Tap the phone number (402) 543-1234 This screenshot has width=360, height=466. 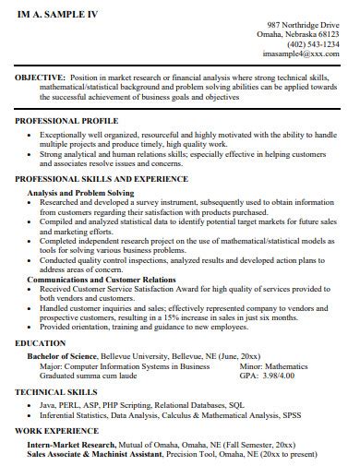pyautogui.click(x=313, y=44)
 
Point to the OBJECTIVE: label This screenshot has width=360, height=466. pyautogui.click(x=40, y=79)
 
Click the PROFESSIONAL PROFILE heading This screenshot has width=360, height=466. pyautogui.click(x=66, y=122)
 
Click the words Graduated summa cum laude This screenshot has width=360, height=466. pyautogui.click(x=81, y=376)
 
